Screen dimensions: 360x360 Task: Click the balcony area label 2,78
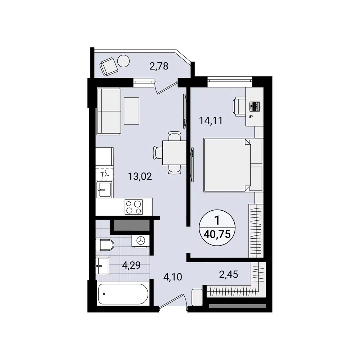tap(159, 66)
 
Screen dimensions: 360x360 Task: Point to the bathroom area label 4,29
tap(131, 266)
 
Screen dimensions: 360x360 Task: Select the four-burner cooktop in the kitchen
tap(134, 207)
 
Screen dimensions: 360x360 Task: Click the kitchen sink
tap(104, 189)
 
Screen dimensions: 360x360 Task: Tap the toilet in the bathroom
tap(104, 246)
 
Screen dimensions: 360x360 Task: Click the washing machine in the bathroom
tap(140, 240)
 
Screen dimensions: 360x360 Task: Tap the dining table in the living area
tap(174, 153)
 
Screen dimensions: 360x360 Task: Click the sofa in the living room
tap(108, 111)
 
